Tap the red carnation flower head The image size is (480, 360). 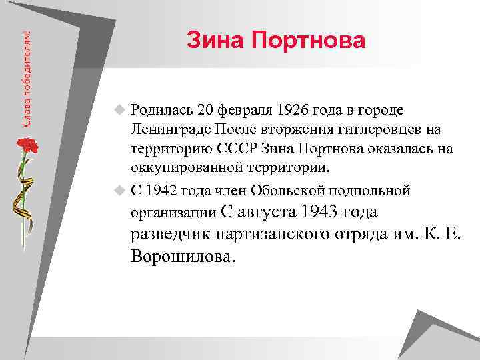click(x=26, y=145)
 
